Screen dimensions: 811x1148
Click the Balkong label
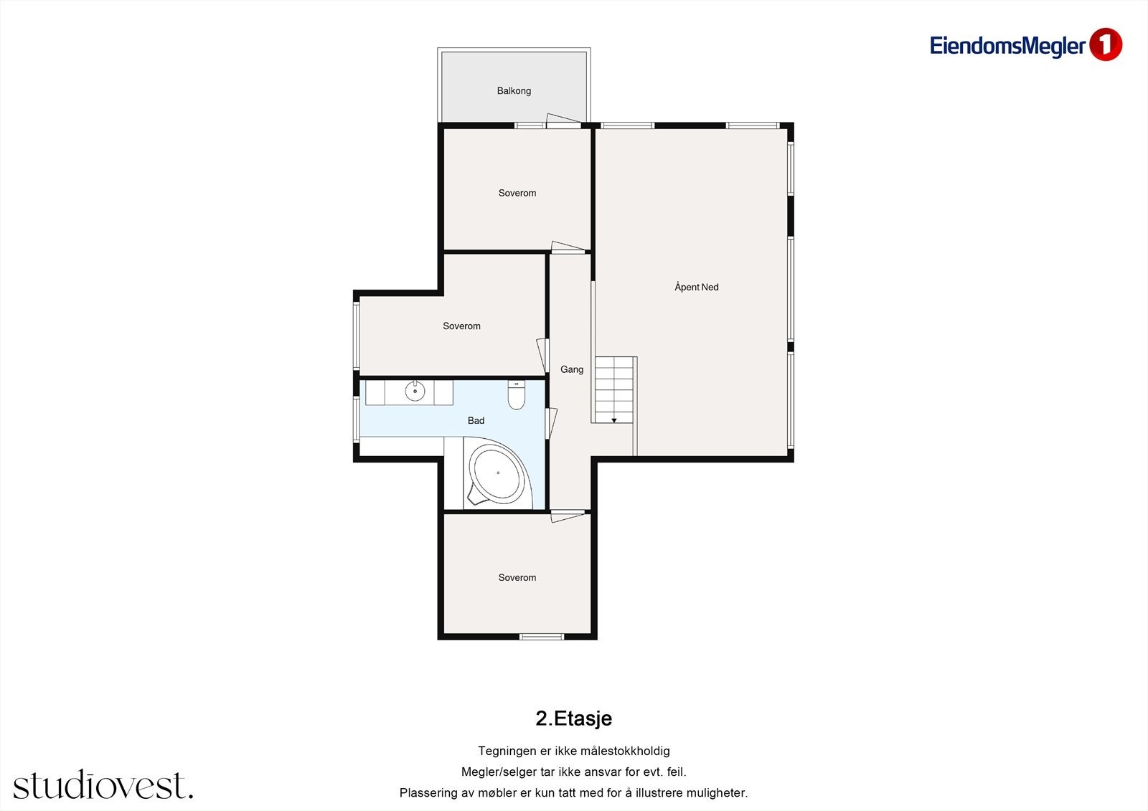pyautogui.click(x=514, y=91)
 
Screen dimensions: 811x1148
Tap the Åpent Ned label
pyautogui.click(x=696, y=287)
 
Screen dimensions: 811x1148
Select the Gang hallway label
pyautogui.click(x=572, y=369)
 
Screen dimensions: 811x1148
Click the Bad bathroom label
pyautogui.click(x=476, y=421)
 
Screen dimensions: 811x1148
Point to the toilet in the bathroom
pyautogui.click(x=517, y=395)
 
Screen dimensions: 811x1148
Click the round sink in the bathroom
pyautogui.click(x=415, y=392)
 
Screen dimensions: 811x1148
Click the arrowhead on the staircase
pyautogui.click(x=614, y=420)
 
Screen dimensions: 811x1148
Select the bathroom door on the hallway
pyautogui.click(x=551, y=423)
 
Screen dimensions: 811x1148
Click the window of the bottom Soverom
pyautogui.click(x=542, y=636)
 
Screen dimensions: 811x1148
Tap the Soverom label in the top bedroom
pyautogui.click(x=517, y=193)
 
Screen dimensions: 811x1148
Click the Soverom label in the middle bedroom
pyautogui.click(x=461, y=326)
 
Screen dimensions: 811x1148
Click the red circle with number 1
pyautogui.click(x=1105, y=45)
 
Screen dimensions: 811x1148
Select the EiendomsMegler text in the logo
pyautogui.click(x=1007, y=46)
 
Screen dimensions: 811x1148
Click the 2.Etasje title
pyautogui.click(x=573, y=718)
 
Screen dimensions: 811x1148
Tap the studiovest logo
pyautogui.click(x=103, y=785)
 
